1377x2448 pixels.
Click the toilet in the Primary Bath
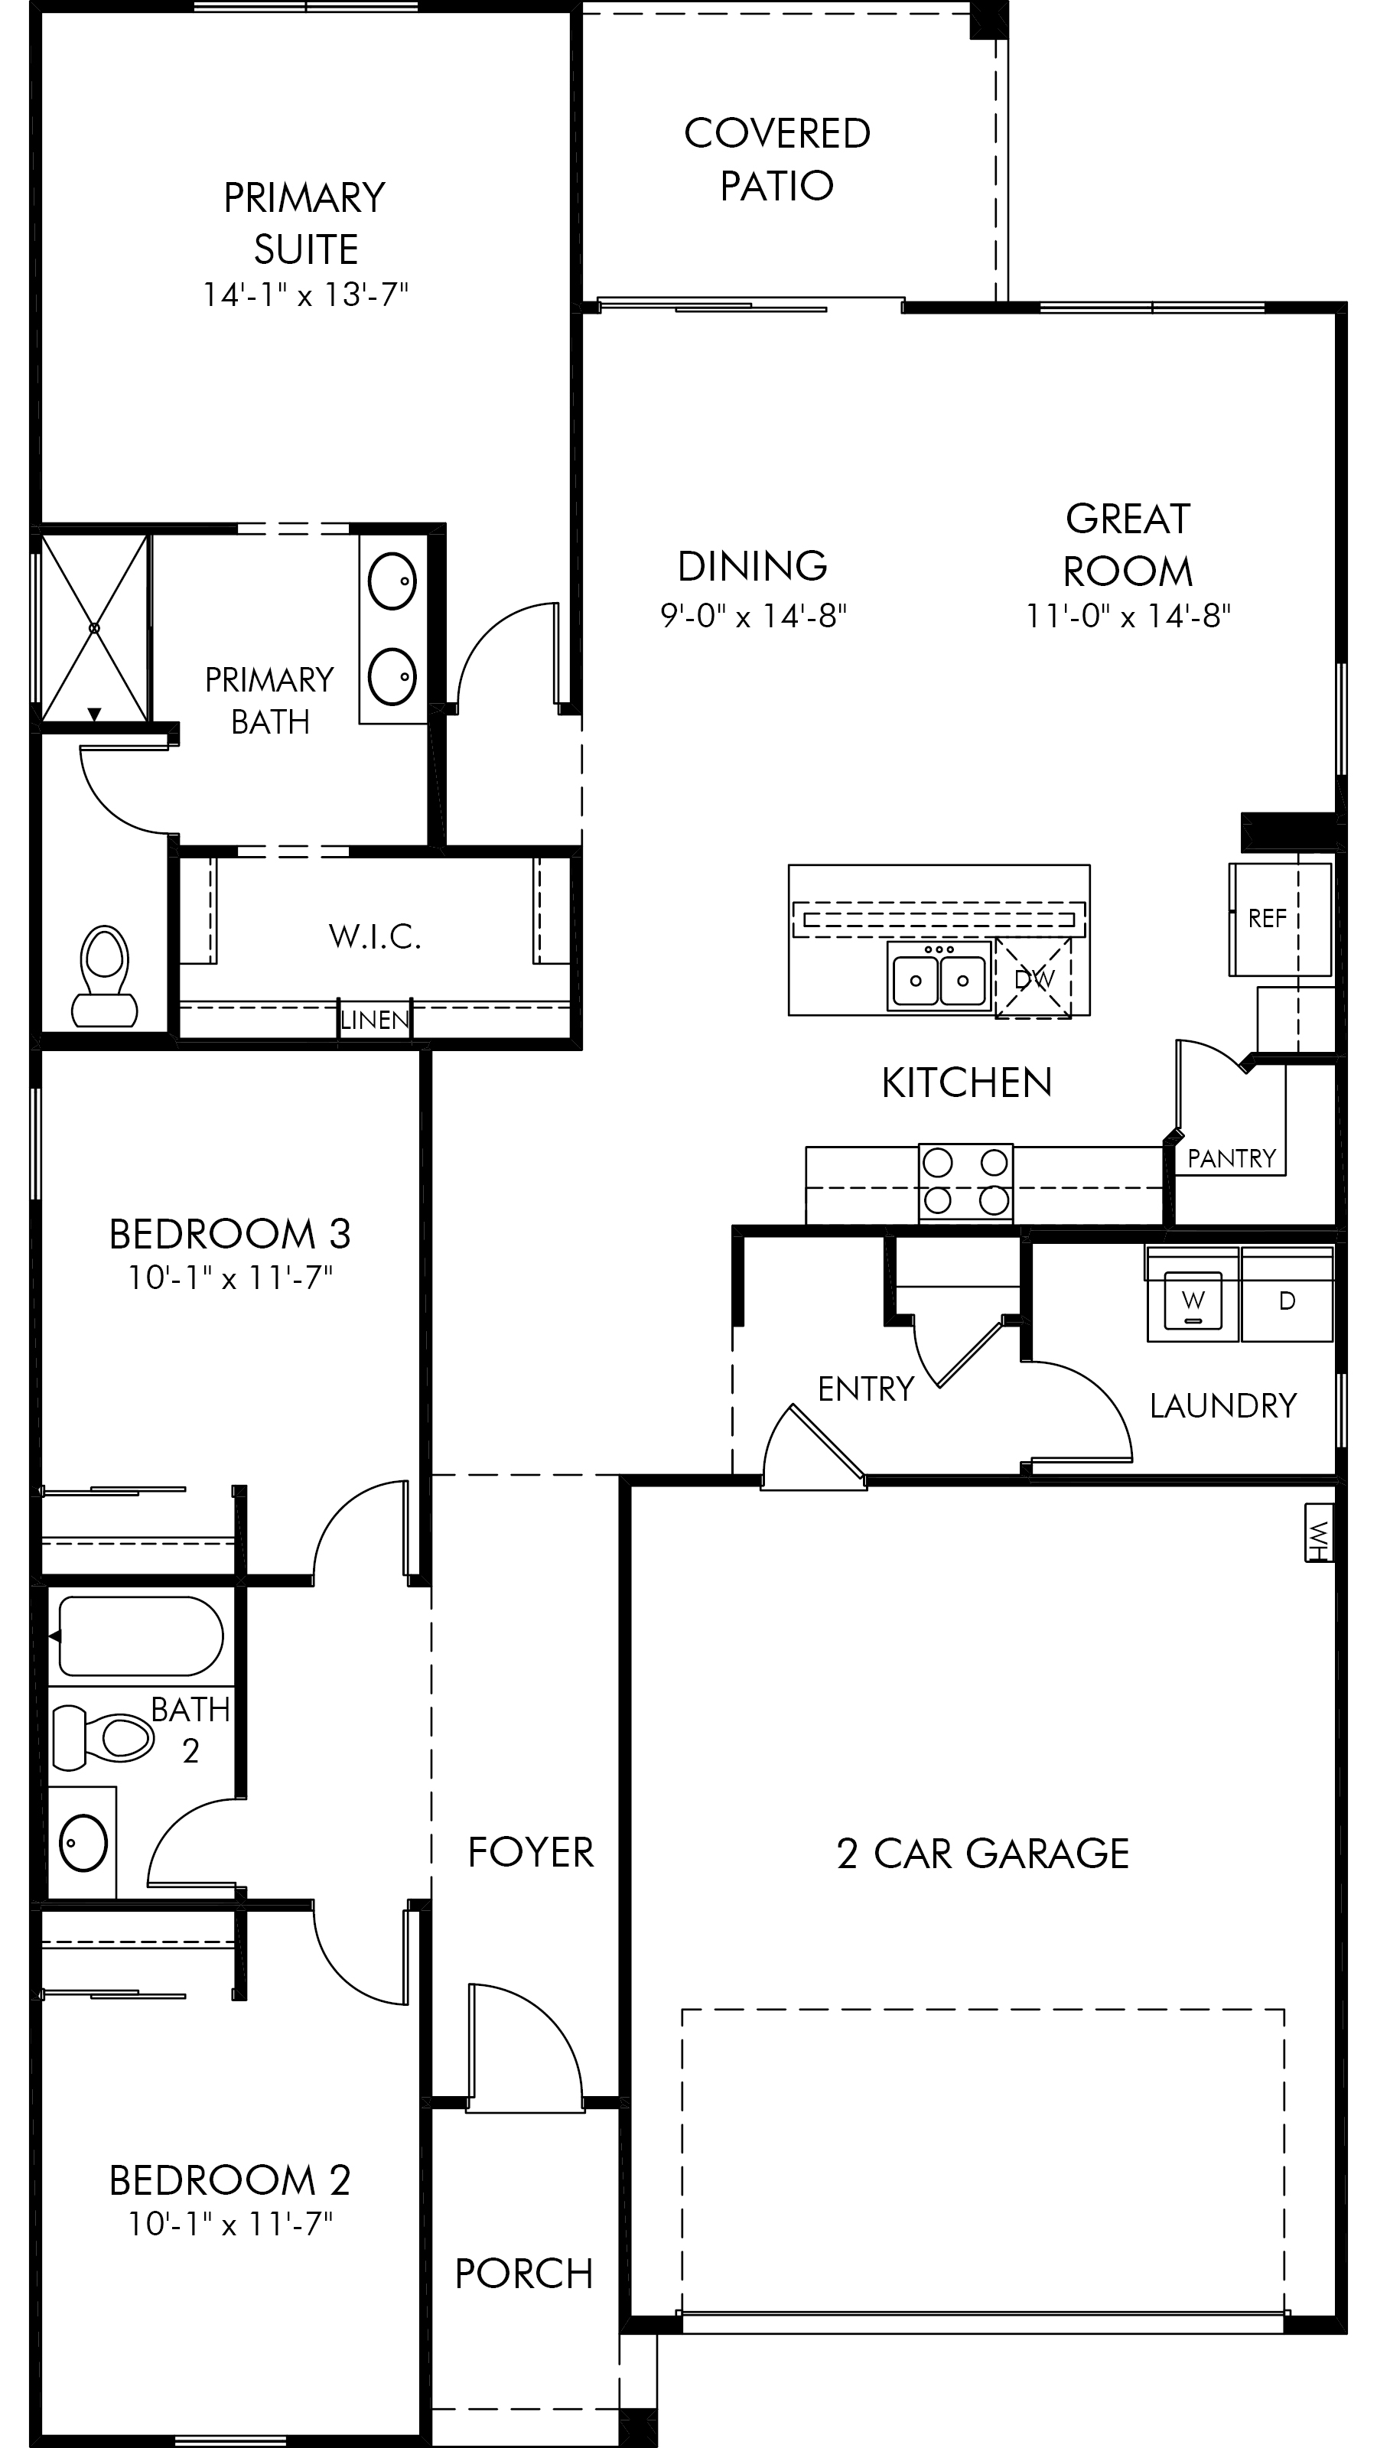tap(105, 976)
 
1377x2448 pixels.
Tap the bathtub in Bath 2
tap(141, 1636)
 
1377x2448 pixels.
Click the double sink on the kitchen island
tap(939, 975)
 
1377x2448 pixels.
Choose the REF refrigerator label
tap(1267, 918)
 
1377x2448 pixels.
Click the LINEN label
tap(376, 1021)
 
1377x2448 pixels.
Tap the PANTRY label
tap(1232, 1158)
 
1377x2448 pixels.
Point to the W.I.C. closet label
tap(376, 937)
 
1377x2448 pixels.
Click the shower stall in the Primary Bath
tap(94, 628)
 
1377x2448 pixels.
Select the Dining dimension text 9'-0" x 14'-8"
tap(754, 616)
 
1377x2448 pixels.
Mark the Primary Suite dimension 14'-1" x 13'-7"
tap(305, 295)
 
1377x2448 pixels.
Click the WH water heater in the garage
tap(1318, 1532)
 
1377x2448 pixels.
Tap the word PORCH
tap(525, 2274)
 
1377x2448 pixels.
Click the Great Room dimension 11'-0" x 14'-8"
tap(1128, 616)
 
